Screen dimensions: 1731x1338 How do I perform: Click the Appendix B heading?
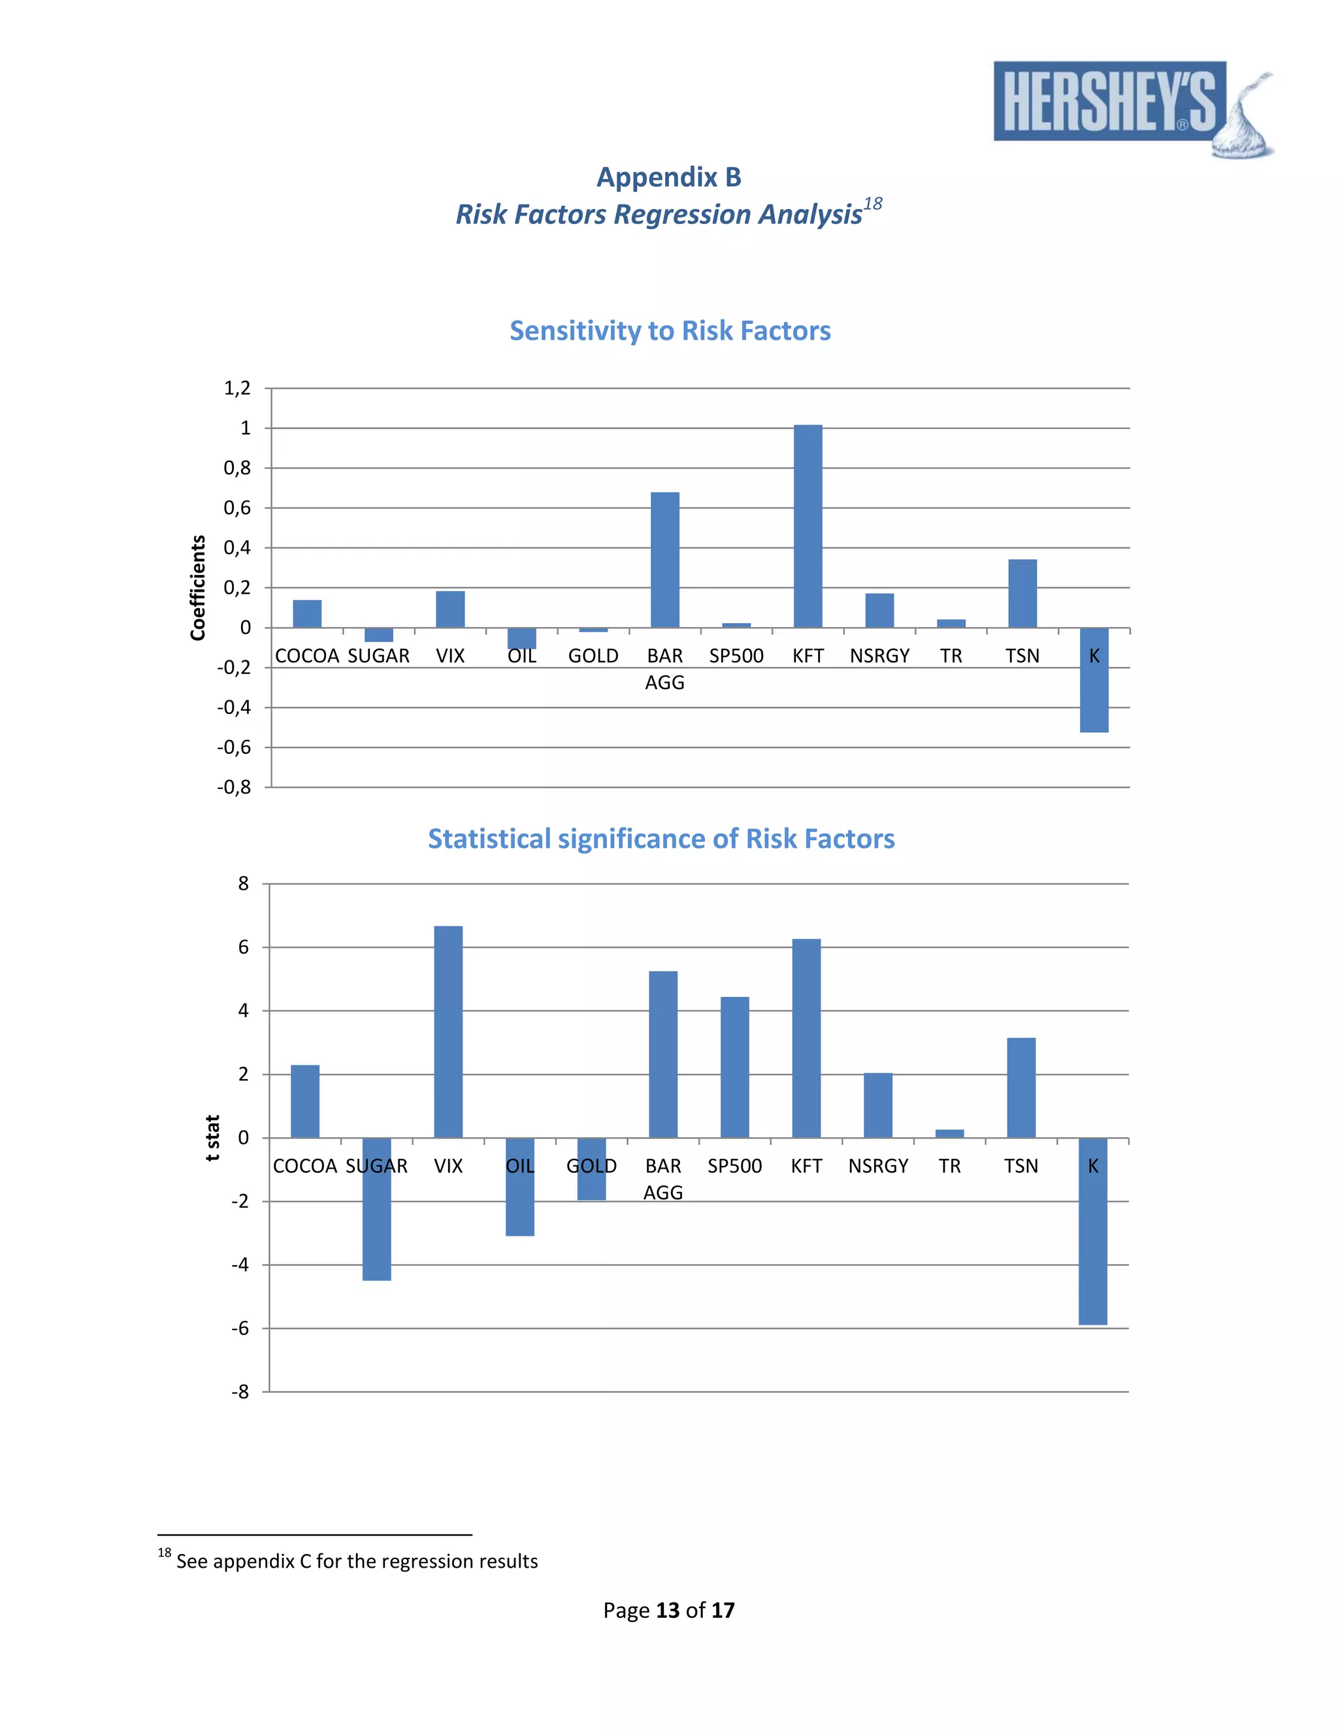click(x=668, y=177)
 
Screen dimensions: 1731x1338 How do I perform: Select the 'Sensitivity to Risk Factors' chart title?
click(x=670, y=331)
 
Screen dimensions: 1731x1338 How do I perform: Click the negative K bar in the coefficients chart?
click(x=1094, y=680)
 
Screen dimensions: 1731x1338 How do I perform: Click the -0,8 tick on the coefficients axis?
click(x=234, y=787)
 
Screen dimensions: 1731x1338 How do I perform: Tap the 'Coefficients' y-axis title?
click(x=197, y=587)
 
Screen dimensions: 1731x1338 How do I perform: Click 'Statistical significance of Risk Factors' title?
click(x=661, y=839)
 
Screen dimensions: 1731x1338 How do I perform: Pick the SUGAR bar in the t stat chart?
click(x=376, y=1208)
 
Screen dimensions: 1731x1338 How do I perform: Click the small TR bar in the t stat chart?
click(x=949, y=1133)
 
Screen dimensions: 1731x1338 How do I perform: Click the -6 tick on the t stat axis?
click(x=240, y=1329)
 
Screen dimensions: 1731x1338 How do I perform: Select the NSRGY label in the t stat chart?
click(x=878, y=1166)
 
